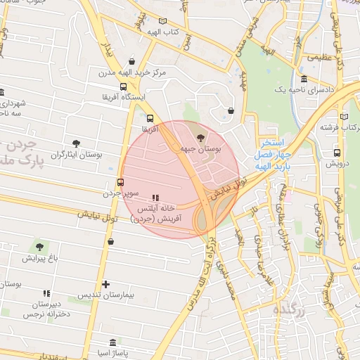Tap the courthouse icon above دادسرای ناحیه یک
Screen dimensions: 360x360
click(x=303, y=79)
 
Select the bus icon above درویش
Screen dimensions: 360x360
click(x=336, y=152)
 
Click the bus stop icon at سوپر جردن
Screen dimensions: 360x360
click(x=121, y=181)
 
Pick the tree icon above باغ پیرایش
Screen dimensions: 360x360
click(x=39, y=247)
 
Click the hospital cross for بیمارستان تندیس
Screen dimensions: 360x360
click(x=105, y=285)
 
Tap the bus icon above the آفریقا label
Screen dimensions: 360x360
click(x=149, y=119)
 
